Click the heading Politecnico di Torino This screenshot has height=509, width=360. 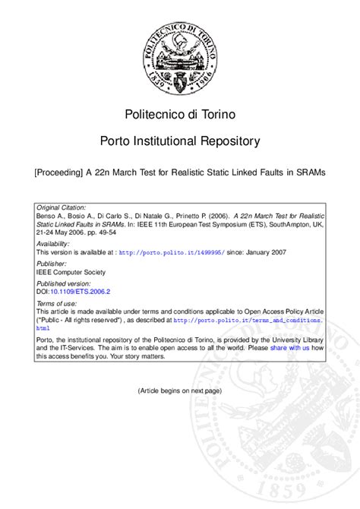(x=179, y=114)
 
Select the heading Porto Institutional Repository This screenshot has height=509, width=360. (x=180, y=141)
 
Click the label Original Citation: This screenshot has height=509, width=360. (x=62, y=207)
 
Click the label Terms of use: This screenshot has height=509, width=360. (x=57, y=303)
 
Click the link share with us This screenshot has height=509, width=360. (x=289, y=347)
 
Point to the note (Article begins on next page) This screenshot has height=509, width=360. (x=179, y=390)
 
